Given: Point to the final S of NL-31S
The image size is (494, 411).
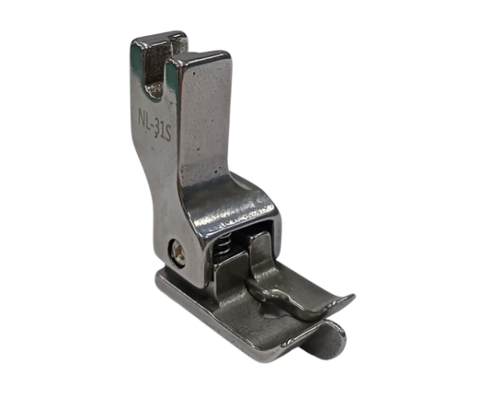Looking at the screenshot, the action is tap(167, 134).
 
